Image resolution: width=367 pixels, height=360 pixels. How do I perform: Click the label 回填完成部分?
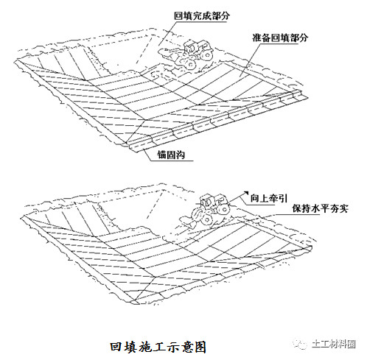coord(202,16)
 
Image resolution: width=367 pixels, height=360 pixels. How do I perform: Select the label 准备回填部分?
coord(280,38)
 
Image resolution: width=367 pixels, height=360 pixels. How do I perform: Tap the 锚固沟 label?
coord(171,155)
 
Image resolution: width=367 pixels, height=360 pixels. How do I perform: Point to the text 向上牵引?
coord(269,198)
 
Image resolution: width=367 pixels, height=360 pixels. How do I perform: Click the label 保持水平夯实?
coord(320,208)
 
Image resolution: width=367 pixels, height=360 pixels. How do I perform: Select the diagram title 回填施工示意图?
coord(158,347)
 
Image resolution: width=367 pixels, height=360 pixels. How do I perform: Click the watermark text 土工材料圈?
coord(334,344)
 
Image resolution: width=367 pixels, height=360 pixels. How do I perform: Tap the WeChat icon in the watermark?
coord(300,344)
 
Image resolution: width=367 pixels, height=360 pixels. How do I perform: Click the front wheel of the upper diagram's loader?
coord(190,63)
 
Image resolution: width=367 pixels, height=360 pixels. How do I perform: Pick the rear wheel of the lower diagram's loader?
coord(224,209)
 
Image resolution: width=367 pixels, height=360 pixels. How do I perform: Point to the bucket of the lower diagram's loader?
coord(188,220)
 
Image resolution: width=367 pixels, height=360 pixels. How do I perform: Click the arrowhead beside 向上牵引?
coord(245,193)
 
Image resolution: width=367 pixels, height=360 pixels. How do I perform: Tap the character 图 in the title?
coord(200,347)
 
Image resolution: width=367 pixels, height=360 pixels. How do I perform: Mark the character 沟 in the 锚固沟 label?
coord(181,155)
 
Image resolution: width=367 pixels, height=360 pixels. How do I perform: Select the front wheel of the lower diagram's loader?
coord(206,219)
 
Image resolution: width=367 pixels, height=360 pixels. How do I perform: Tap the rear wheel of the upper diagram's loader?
coord(207,54)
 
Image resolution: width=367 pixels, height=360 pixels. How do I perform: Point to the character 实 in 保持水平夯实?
coord(343,208)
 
